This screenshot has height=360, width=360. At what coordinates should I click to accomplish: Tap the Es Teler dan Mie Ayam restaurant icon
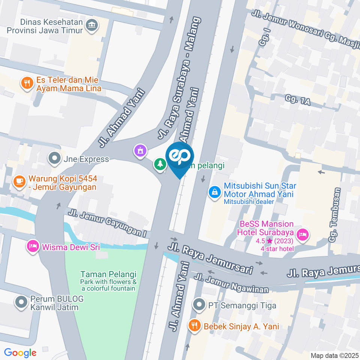coord(27,83)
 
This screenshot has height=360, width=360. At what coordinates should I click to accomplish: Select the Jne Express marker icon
coord(55,159)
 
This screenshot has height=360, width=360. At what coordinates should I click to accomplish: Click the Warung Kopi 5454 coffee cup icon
coord(19,181)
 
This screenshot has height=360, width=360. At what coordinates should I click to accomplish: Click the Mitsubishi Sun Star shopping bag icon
coord(214,192)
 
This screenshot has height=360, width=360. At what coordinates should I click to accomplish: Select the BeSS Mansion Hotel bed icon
coord(301,235)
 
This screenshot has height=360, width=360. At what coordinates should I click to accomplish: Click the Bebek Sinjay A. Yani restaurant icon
coord(194,325)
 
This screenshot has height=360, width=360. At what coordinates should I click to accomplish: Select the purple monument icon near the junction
coord(140,151)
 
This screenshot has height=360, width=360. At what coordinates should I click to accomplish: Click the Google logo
coord(20,352)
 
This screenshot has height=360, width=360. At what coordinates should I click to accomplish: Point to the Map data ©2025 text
coord(334,355)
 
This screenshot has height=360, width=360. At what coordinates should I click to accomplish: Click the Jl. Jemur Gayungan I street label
coord(107,222)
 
